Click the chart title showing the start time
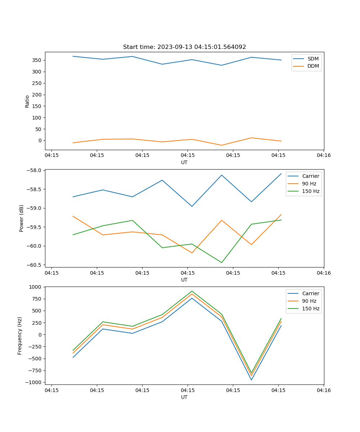click(184, 47)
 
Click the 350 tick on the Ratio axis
click(37, 60)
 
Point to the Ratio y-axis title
click(27, 101)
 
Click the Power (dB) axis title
click(22, 218)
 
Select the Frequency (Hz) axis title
click(20, 336)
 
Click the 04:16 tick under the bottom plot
click(323, 390)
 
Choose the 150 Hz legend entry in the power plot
click(311, 191)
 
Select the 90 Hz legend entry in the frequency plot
click(309, 301)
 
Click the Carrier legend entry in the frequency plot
click(310, 293)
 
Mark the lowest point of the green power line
click(222, 262)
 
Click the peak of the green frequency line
click(192, 291)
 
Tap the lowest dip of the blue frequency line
click(251, 380)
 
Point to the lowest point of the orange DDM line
click(222, 145)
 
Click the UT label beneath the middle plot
click(184, 280)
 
